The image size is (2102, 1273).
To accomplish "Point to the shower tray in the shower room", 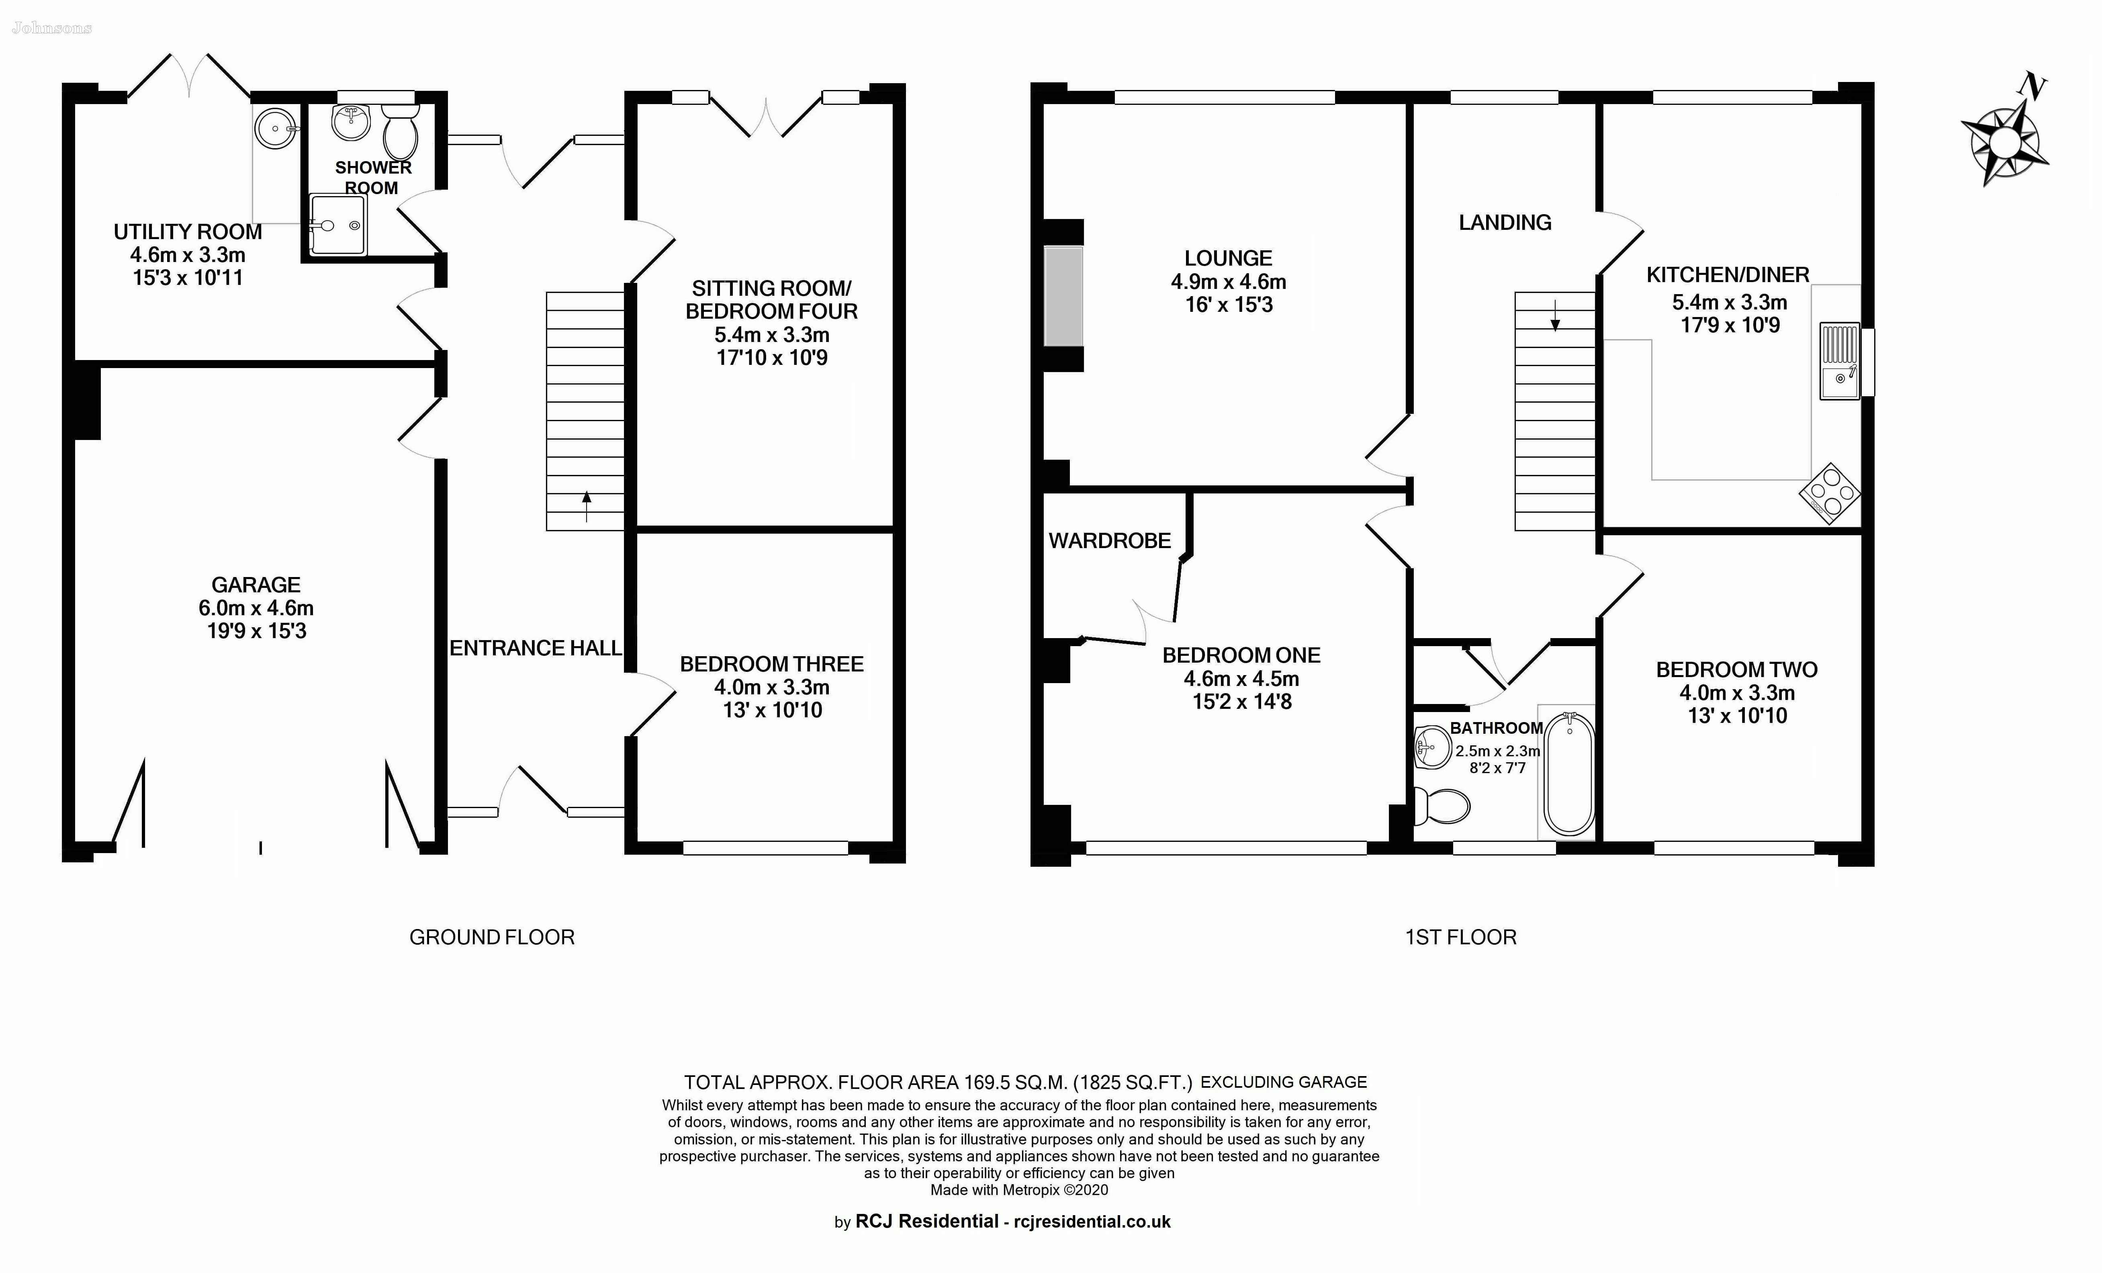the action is coord(338,225).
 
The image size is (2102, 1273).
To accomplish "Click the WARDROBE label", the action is coord(1110,541).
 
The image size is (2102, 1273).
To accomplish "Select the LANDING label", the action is coord(1505,223).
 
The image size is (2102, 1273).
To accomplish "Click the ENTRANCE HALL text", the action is coord(536,649).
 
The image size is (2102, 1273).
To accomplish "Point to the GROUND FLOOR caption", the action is coord(492,938).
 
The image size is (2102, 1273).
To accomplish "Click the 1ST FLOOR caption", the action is coord(1460,938).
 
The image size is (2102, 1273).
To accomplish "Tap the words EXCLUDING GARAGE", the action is coord(1284,1083).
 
